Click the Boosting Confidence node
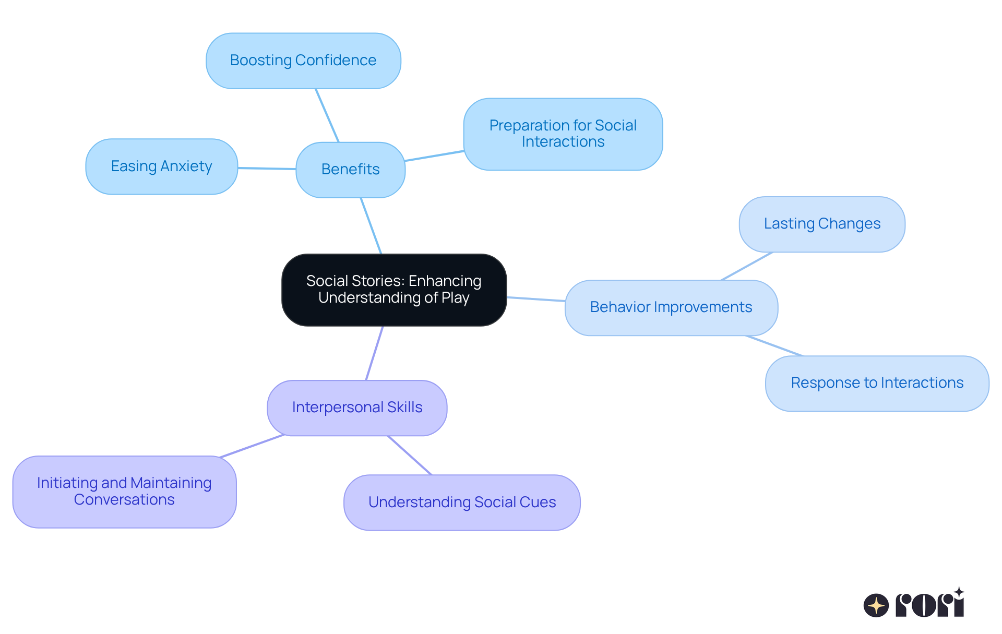(x=303, y=61)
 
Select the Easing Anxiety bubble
(x=161, y=166)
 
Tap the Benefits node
(x=350, y=170)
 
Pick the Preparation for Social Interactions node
(x=563, y=134)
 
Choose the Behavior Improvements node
(x=671, y=307)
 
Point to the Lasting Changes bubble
(x=821, y=224)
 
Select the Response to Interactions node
(x=877, y=383)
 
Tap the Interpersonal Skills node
(x=357, y=408)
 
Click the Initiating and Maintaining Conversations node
(x=124, y=491)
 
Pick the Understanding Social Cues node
(x=462, y=502)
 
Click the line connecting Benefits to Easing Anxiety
(x=267, y=169)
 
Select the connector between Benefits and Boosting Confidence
(x=327, y=115)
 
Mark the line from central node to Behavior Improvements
(x=536, y=299)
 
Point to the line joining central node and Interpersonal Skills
(x=375, y=353)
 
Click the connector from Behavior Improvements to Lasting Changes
(x=747, y=266)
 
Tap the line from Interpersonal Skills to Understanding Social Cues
(x=410, y=455)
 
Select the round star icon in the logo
(x=876, y=605)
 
